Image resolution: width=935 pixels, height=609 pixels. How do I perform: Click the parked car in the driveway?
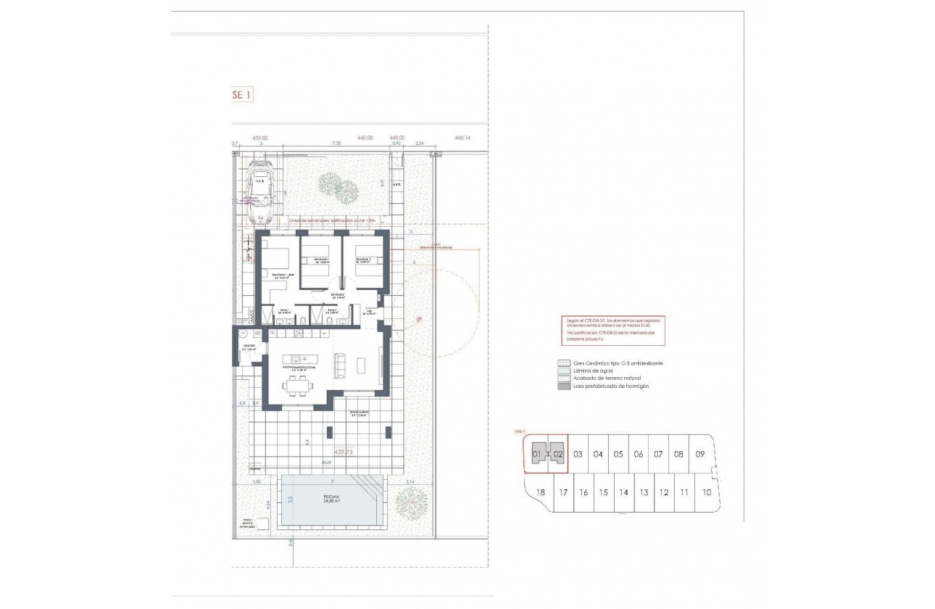(259, 191)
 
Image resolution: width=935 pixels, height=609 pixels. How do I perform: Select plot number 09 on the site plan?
(699, 455)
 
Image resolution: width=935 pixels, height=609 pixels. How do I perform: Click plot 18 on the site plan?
(539, 492)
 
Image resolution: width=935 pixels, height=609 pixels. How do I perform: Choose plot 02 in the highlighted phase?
(557, 455)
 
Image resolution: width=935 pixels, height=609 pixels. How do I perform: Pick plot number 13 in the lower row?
(643, 492)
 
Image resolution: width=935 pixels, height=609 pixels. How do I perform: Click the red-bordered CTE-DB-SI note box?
(612, 330)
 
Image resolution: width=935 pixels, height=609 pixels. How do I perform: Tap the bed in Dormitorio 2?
(315, 274)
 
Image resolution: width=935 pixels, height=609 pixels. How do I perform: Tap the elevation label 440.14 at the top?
(462, 137)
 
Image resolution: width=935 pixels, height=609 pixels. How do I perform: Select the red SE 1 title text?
(241, 94)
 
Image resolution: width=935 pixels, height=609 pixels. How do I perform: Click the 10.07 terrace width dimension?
(327, 462)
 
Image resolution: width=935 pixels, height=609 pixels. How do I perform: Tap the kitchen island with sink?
(299, 358)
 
